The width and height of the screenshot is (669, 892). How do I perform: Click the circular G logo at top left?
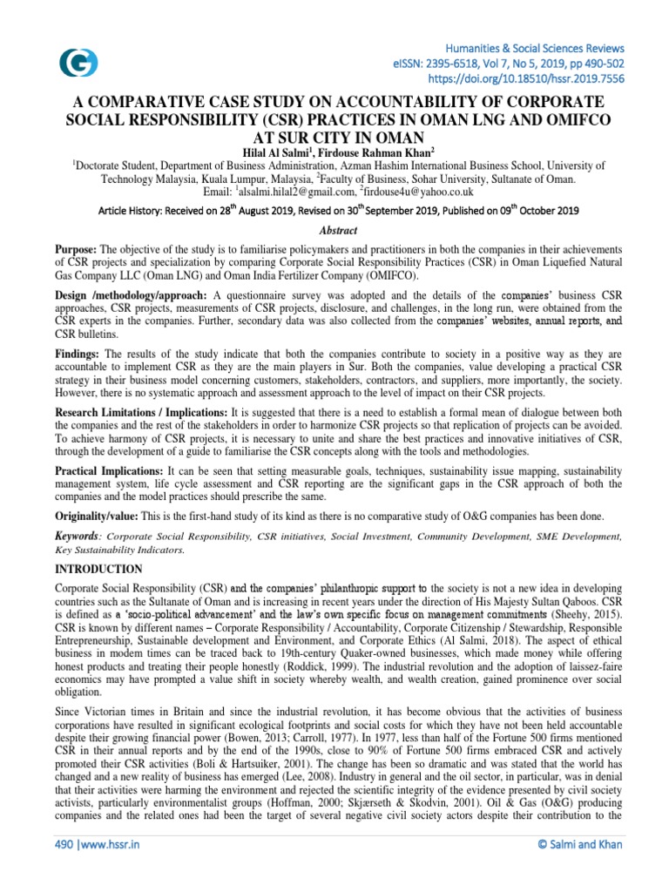(78, 62)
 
